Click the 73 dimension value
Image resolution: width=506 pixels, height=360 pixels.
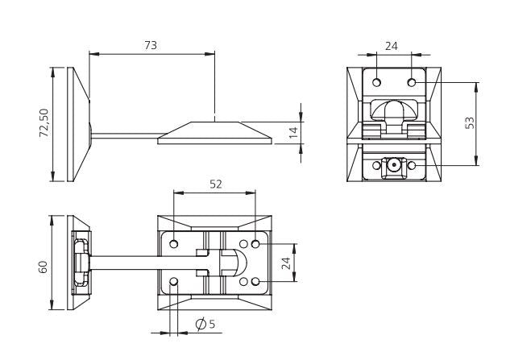pyautogui.click(x=151, y=45)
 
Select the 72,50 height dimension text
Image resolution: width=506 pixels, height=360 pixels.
pyautogui.click(x=45, y=124)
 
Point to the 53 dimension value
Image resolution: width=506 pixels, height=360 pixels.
pyautogui.click(x=469, y=123)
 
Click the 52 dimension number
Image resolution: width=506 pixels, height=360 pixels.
pyautogui.click(x=216, y=184)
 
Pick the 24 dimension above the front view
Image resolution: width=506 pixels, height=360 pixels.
pyautogui.click(x=391, y=46)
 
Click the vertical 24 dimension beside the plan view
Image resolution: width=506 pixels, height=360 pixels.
pyautogui.click(x=285, y=263)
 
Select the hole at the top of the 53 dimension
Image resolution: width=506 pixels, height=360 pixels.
pyautogui.click(x=412, y=82)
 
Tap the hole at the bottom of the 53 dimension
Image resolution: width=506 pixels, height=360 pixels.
pyautogui.click(x=412, y=165)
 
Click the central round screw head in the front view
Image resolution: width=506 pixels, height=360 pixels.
pyautogui.click(x=394, y=165)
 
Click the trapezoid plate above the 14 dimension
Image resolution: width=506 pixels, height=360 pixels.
pyautogui.click(x=215, y=132)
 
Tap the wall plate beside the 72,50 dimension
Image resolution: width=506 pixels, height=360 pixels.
pyautogui.click(x=78, y=124)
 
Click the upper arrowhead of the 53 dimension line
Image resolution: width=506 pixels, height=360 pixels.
pyautogui.click(x=476, y=85)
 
